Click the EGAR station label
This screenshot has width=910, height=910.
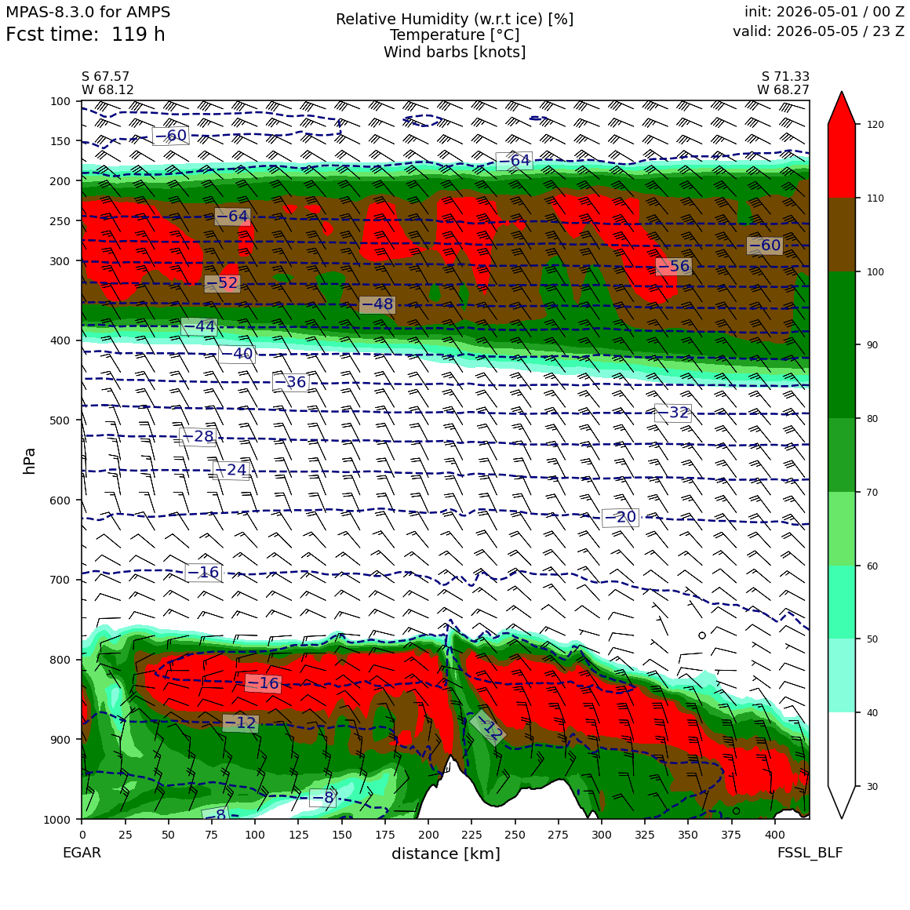pyautogui.click(x=82, y=853)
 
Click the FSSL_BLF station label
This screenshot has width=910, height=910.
pyautogui.click(x=810, y=853)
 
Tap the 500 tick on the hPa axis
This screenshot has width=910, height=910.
pyautogui.click(x=60, y=420)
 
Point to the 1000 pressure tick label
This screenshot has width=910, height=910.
pyautogui.click(x=57, y=819)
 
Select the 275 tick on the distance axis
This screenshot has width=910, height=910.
pyautogui.click(x=559, y=835)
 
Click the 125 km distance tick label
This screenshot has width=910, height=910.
pyautogui.click(x=298, y=835)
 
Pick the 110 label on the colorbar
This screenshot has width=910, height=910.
pyautogui.click(x=875, y=198)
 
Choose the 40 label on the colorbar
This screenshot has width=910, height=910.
pyautogui.click(x=872, y=712)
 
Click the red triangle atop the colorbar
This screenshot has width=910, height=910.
pyautogui.click(x=842, y=108)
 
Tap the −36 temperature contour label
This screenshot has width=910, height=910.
pyautogui.click(x=291, y=382)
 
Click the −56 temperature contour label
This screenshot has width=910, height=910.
pyautogui.click(x=673, y=267)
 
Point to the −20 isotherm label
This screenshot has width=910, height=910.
pyautogui.click(x=621, y=517)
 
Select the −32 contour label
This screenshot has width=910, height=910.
pyautogui.click(x=673, y=413)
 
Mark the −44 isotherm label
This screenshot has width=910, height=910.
pyautogui.click(x=199, y=327)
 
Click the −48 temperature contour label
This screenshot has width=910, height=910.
pyautogui.click(x=377, y=304)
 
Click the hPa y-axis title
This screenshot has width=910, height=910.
pyautogui.click(x=29, y=460)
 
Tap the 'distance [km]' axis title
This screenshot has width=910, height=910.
pyautogui.click(x=446, y=854)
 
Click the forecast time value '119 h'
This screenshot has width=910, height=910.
pyautogui.click(x=138, y=35)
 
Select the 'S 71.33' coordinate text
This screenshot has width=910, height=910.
pyautogui.click(x=785, y=77)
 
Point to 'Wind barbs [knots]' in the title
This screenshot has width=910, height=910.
pyautogui.click(x=454, y=53)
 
